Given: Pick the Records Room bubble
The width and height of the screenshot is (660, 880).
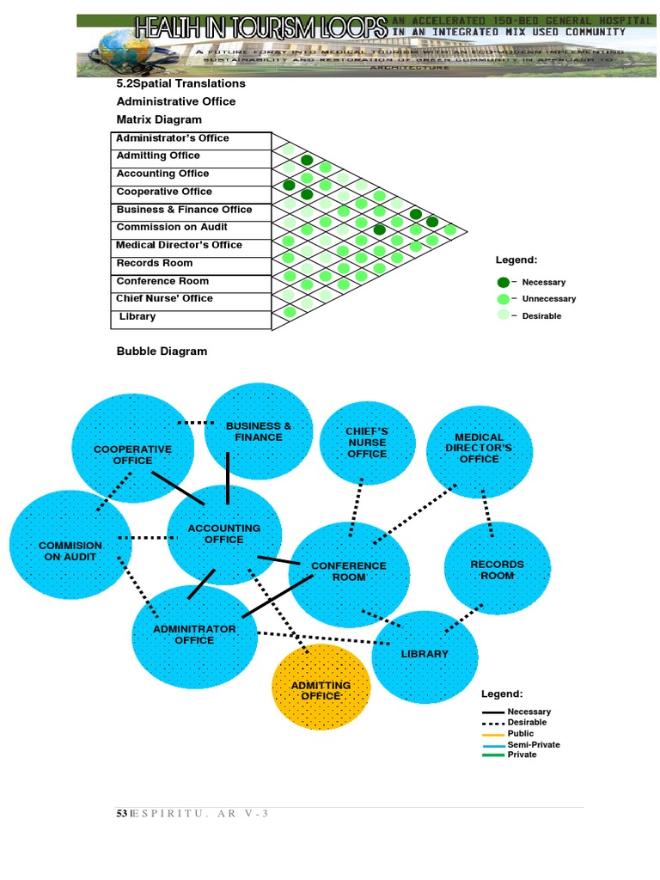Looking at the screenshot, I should (497, 568).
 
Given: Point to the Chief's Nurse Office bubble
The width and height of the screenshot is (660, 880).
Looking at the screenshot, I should (367, 443).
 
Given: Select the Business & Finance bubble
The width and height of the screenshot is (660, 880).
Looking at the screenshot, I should (258, 431).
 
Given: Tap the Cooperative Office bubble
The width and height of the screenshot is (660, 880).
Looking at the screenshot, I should (132, 454).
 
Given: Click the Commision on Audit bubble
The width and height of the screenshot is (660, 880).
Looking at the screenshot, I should (70, 550).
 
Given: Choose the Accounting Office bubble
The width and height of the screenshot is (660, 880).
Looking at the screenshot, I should (223, 535).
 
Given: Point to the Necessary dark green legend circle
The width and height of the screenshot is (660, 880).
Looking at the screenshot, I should (503, 282).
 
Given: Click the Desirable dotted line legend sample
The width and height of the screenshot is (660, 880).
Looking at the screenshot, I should (493, 723).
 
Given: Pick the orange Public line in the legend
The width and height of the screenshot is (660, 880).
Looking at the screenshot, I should (493, 734).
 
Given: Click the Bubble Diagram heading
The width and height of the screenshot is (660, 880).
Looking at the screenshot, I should (162, 351).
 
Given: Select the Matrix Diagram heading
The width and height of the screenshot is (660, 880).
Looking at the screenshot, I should (159, 119).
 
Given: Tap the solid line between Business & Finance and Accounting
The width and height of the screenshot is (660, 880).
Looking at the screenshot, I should (227, 479).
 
